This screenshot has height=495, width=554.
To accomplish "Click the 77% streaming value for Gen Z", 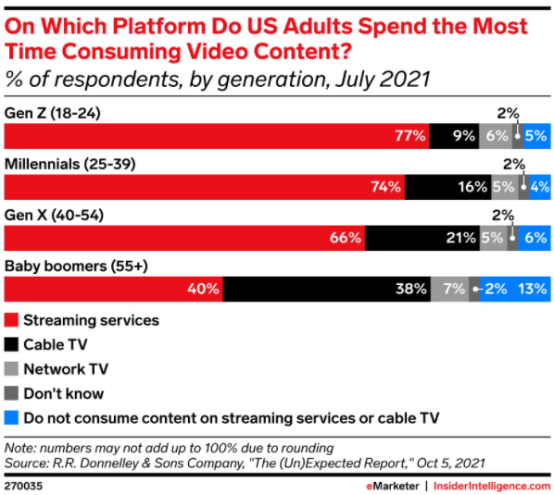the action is pyautogui.click(x=409, y=136).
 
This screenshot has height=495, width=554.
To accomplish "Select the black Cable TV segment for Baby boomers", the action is pyautogui.click(x=327, y=289).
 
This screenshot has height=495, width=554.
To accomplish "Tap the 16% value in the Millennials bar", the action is pyautogui.click(x=472, y=187).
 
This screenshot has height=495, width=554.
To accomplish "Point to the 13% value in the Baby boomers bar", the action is pyautogui.click(x=533, y=289).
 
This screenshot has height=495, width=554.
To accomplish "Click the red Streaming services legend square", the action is pyautogui.click(x=11, y=320).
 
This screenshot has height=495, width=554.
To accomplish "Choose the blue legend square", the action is pyautogui.click(x=11, y=417).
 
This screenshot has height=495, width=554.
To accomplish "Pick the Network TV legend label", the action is pyautogui.click(x=66, y=369).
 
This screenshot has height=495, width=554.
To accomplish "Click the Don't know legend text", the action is pyautogui.click(x=64, y=393).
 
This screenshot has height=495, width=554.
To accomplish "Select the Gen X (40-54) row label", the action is pyautogui.click(x=54, y=215).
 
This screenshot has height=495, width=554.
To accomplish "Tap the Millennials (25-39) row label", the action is pyautogui.click(x=70, y=164).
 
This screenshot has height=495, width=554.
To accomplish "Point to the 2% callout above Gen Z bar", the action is pyautogui.click(x=508, y=113).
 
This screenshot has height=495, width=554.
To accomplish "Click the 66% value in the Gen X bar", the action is pyautogui.click(x=346, y=238).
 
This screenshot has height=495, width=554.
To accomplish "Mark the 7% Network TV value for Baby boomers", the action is pyautogui.click(x=454, y=289).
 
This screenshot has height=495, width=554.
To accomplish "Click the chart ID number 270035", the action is pyautogui.click(x=23, y=486).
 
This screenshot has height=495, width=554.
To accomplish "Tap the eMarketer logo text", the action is pyautogui.click(x=393, y=486).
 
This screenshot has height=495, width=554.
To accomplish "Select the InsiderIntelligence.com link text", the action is pyautogui.click(x=492, y=486).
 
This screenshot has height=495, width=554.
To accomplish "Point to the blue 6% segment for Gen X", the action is pyautogui.click(x=535, y=238).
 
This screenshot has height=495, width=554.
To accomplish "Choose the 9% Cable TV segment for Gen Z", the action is pyautogui.click(x=454, y=136).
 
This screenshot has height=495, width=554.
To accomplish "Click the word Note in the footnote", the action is pyautogui.click(x=19, y=448).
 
